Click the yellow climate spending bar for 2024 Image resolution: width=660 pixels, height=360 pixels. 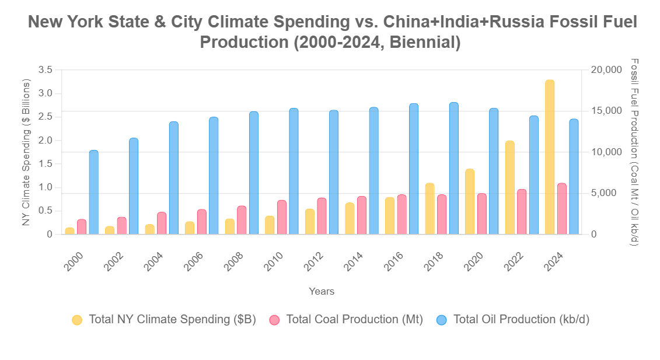549,158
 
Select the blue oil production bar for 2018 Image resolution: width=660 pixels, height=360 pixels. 453,169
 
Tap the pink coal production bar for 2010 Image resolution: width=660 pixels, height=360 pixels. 282,217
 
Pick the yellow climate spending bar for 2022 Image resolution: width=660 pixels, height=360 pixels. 509,188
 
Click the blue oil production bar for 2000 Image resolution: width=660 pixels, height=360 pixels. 93,193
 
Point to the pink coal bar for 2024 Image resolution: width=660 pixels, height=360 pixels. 562,209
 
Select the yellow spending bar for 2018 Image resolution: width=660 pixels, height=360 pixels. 429,209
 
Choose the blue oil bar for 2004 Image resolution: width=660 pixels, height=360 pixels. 173,178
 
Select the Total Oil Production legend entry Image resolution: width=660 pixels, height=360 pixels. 514,320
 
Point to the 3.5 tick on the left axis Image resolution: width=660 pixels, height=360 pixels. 45,70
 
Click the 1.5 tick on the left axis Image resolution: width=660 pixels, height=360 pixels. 45,164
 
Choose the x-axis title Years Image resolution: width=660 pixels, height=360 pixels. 322,291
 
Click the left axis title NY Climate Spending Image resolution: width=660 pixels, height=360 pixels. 26,152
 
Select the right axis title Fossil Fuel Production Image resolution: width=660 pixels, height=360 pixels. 635,152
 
